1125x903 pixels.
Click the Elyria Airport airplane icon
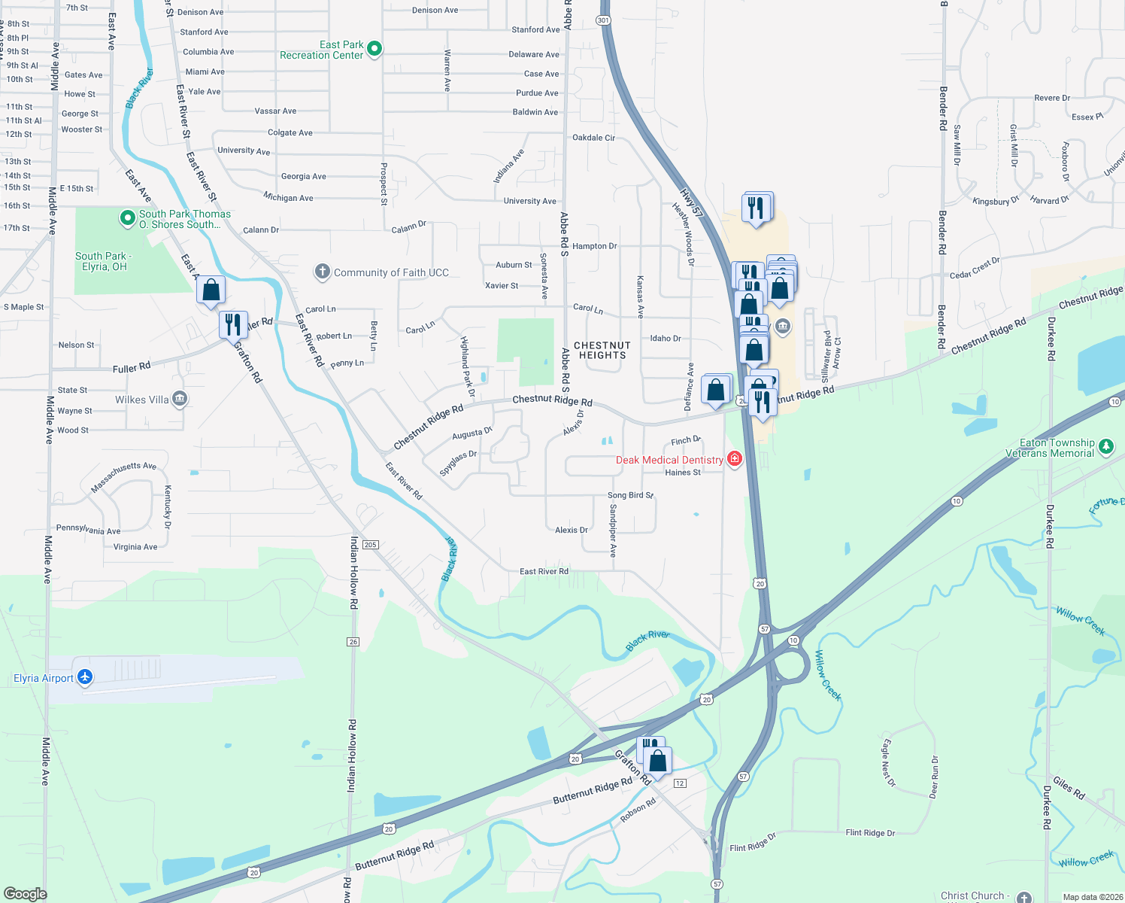coord(85,677)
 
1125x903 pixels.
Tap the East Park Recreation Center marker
coord(374,49)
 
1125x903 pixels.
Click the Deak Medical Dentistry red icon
coord(735,459)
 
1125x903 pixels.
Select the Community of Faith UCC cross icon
coord(323,272)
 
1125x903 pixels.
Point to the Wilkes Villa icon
coord(179,399)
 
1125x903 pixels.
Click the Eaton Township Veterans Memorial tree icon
coord(1105,447)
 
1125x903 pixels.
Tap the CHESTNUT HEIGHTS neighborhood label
coord(602,351)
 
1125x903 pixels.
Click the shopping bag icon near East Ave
coord(211,290)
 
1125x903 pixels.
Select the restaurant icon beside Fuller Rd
coord(233,324)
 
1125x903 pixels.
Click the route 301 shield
coord(603,20)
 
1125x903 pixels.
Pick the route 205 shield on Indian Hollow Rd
coord(370,545)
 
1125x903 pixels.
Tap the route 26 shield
coord(353,642)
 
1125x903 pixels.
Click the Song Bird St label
coord(630,495)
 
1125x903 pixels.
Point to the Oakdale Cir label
coord(593,138)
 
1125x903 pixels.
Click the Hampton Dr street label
coord(594,246)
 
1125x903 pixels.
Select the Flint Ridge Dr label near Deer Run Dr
coord(870,833)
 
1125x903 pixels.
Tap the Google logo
coord(25,893)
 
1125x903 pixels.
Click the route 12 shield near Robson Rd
coord(680,783)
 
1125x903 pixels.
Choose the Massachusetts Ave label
coord(123,477)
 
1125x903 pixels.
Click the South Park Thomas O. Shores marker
coord(128,218)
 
